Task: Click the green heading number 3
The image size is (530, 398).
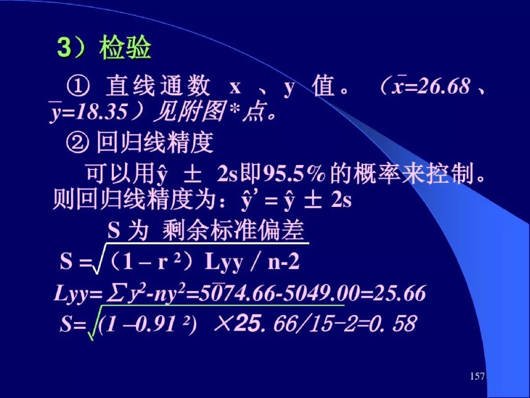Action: pyautogui.click(x=64, y=48)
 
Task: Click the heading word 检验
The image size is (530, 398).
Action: pyautogui.click(x=125, y=48)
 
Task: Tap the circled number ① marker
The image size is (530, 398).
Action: pyautogui.click(x=79, y=86)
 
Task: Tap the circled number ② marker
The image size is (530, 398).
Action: pyautogui.click(x=78, y=143)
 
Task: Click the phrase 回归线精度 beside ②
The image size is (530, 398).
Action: pyautogui.click(x=155, y=142)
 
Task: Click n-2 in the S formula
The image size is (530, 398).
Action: pyautogui.click(x=284, y=262)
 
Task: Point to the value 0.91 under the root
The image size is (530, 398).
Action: pyautogui.click(x=159, y=324)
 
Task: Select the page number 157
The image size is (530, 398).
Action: pyautogui.click(x=477, y=376)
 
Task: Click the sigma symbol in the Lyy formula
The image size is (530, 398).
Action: pyautogui.click(x=114, y=294)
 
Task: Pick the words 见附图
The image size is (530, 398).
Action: pyautogui.click(x=188, y=111)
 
